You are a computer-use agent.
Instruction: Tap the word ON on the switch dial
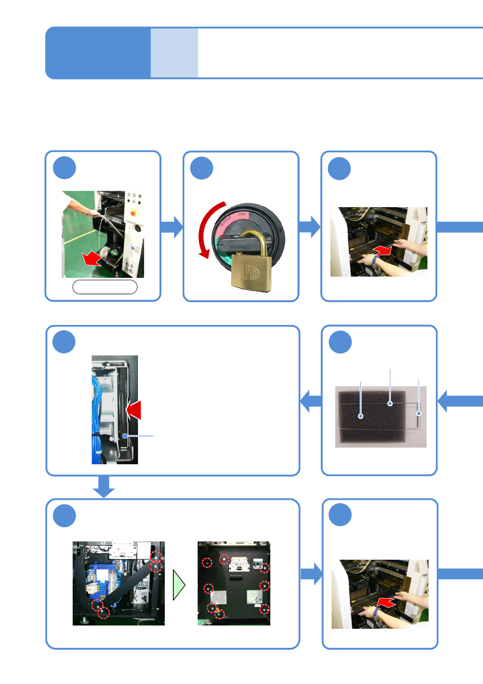[x=241, y=214]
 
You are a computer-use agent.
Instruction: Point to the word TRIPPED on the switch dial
[x=226, y=222]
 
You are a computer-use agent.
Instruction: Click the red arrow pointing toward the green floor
[x=91, y=258]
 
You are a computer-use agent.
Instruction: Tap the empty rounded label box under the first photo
[x=105, y=287]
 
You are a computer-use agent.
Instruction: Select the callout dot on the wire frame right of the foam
[x=419, y=413]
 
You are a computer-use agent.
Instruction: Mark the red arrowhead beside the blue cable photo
[x=134, y=410]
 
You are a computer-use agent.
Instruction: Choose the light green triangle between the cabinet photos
[x=178, y=585]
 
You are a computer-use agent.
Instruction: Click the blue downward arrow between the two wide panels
[x=104, y=487]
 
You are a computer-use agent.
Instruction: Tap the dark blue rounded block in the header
[x=97, y=53]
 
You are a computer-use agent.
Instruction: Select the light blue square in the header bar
[x=174, y=53]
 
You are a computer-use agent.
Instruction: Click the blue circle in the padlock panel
[x=202, y=168]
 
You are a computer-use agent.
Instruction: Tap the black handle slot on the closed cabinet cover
[x=236, y=578]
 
